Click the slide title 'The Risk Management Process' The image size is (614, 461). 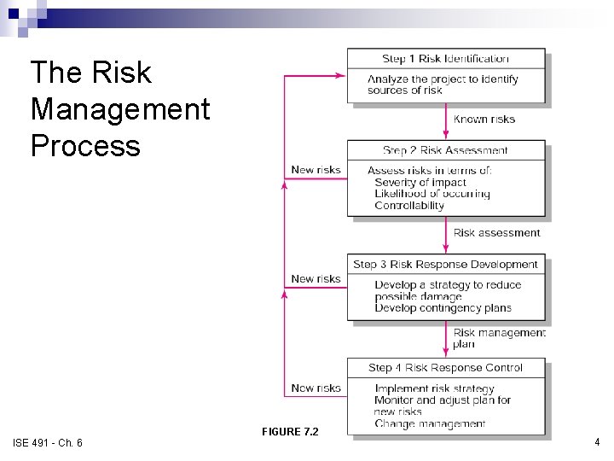point(119,108)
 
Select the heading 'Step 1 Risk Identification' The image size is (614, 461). point(445,59)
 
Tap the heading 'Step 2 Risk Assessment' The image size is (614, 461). point(445,151)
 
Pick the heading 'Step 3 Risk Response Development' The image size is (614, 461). point(445,265)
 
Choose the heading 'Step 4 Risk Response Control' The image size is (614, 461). point(445,368)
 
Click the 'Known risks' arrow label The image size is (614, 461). point(484,120)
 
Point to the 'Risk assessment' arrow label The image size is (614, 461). point(496,233)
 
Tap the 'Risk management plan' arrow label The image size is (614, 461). point(498,338)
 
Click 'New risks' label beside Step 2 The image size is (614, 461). point(316,170)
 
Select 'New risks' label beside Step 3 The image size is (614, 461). point(316,279)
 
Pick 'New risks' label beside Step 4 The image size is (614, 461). point(316,388)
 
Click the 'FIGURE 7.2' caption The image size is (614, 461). point(290,432)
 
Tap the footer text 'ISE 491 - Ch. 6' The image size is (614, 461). point(48,442)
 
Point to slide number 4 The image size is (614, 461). point(597,442)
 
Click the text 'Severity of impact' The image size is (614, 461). point(420,183)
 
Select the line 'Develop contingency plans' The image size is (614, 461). point(443,308)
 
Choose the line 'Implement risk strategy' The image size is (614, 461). point(434,389)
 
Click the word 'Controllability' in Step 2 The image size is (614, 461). point(409,206)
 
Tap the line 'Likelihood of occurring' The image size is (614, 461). point(432,194)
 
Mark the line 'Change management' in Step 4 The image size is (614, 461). point(430,423)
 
